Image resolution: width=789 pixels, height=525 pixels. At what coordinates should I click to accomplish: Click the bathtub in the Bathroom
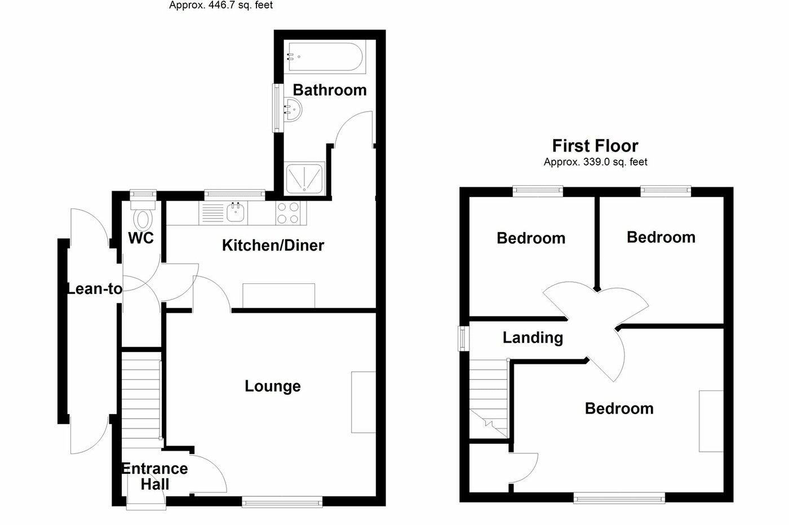point(325,56)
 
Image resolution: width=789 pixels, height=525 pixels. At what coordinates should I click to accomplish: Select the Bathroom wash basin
point(292,108)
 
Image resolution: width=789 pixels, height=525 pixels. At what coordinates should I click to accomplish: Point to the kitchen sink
point(235,212)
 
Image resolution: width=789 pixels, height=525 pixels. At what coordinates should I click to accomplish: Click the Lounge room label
point(273,386)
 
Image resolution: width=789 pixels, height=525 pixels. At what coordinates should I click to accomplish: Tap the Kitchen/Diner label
point(273,246)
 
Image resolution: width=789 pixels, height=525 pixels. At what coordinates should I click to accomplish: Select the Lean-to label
point(94,289)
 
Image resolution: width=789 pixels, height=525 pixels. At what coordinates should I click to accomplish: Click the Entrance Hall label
point(155,476)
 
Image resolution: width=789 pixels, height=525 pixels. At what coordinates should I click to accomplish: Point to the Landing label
point(533,337)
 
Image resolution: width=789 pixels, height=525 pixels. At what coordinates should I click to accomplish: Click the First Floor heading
point(595,146)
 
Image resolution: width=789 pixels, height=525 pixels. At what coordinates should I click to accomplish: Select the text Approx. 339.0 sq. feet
point(595,162)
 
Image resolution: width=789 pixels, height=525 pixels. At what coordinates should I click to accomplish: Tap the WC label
point(141,238)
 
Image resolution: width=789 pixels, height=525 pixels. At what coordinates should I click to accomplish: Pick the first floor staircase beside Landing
point(488,397)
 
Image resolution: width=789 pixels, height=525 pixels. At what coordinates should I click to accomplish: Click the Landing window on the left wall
point(463,339)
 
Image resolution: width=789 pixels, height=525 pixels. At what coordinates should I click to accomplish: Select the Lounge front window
point(282,500)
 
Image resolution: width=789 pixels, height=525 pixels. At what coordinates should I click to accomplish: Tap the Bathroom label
point(330,90)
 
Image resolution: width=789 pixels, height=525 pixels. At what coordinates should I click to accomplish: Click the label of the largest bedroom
point(619,408)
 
